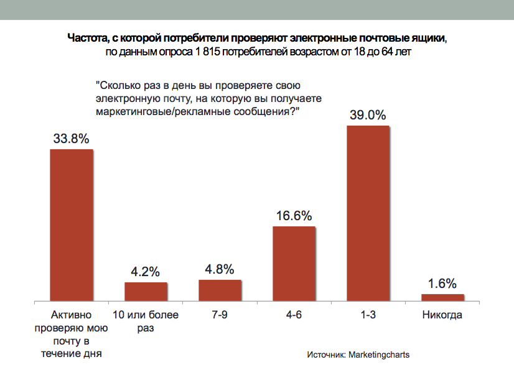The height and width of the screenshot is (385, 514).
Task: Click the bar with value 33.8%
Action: [72, 225]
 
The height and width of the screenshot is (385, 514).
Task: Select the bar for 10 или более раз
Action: [146, 292]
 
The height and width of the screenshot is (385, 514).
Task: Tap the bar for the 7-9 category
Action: [220, 290]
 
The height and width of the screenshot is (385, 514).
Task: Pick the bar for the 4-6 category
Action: [294, 263]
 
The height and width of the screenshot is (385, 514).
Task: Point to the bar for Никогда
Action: [442, 297]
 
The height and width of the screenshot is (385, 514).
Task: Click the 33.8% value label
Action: [72, 139]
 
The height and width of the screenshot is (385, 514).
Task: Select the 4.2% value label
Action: [146, 272]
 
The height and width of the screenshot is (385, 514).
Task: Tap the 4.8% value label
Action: [220, 269]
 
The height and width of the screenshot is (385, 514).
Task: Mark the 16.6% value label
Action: [294, 216]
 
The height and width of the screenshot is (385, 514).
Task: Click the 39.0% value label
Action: [368, 115]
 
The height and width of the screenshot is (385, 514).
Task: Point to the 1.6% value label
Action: [442, 284]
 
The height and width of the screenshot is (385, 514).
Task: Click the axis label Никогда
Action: [442, 315]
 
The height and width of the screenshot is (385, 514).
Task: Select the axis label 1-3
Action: [368, 315]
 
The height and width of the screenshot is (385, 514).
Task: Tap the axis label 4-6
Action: [294, 315]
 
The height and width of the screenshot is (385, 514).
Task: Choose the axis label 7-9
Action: [220, 315]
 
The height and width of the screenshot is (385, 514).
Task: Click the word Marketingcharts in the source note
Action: [379, 355]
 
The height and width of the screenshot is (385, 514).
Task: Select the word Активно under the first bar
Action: [72, 315]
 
